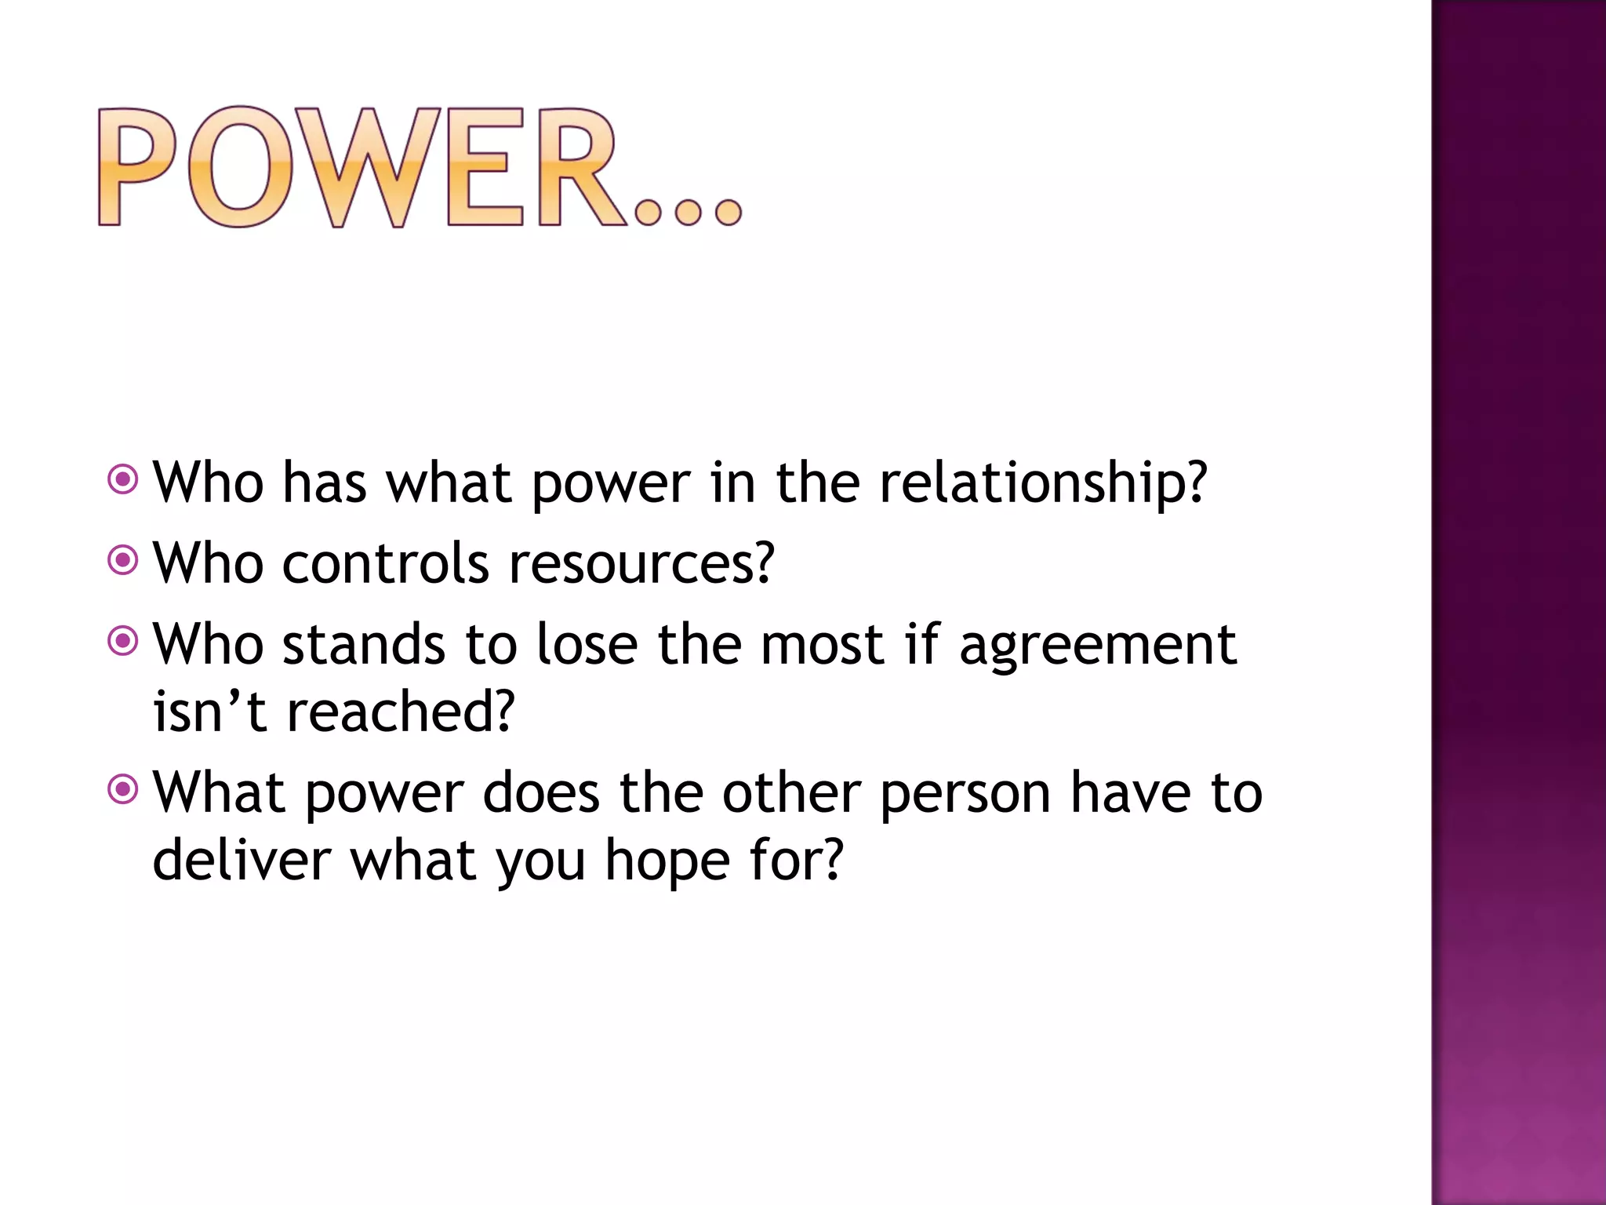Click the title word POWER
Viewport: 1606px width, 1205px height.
[x=361, y=167]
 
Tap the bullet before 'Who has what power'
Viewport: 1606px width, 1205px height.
[x=123, y=479]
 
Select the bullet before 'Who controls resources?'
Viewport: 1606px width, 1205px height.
[x=123, y=559]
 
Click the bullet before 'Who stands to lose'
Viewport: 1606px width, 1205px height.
[x=123, y=642]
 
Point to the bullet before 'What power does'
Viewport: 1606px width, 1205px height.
[x=123, y=789]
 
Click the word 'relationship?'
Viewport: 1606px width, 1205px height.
[x=1043, y=482]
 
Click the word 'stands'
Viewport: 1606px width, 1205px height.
[x=364, y=645]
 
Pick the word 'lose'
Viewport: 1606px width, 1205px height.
[x=587, y=645]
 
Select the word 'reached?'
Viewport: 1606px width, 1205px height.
[x=401, y=712]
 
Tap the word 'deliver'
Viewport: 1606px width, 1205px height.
[x=242, y=861]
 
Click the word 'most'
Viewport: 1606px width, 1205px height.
[x=823, y=645]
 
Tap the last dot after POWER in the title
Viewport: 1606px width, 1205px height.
[x=729, y=213]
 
